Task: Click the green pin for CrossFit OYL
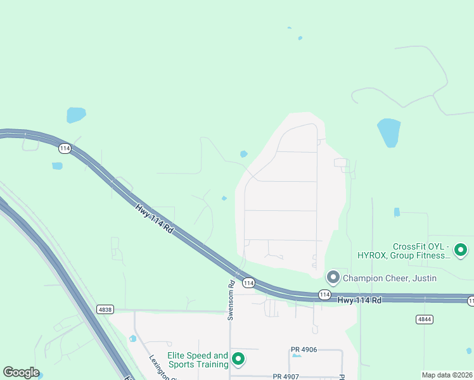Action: [461, 250]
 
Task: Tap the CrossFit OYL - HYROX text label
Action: [421, 251]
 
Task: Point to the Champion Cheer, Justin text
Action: [390, 278]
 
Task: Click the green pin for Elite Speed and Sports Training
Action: [238, 359]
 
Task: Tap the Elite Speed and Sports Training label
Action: [197, 360]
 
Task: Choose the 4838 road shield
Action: [105, 309]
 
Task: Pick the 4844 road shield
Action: [425, 319]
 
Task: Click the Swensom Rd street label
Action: [231, 301]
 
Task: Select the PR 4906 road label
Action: [304, 350]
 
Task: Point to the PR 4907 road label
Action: [286, 376]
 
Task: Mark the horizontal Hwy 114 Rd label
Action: [359, 300]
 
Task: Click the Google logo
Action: [21, 372]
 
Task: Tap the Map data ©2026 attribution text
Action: [447, 375]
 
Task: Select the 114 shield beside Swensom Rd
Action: [248, 282]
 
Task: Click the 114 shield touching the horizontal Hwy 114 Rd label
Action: [324, 294]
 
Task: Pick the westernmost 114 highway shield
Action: [64, 148]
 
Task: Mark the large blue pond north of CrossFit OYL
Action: [388, 132]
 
